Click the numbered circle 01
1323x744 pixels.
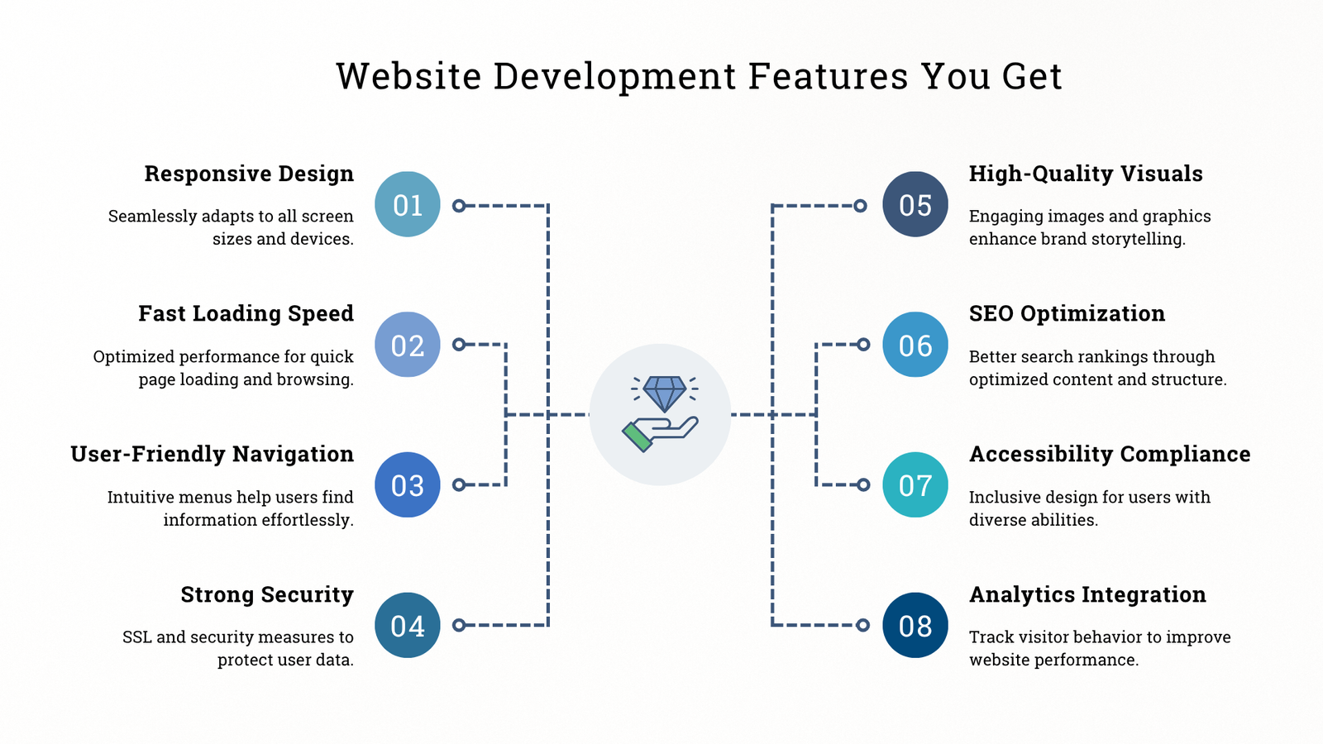(408, 204)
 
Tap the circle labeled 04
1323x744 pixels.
(408, 625)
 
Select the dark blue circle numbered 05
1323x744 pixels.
(915, 204)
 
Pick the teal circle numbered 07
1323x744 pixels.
(915, 484)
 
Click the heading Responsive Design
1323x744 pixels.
(249, 174)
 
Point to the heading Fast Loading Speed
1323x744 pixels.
(246, 313)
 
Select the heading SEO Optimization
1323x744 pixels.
(1067, 313)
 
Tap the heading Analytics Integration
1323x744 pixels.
(1088, 594)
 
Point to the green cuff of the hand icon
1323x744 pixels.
(637, 437)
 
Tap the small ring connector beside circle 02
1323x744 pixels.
(459, 344)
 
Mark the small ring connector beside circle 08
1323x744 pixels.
(863, 625)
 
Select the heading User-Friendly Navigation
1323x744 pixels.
(212, 454)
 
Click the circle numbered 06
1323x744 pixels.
(915, 344)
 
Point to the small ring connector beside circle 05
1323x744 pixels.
(861, 206)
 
